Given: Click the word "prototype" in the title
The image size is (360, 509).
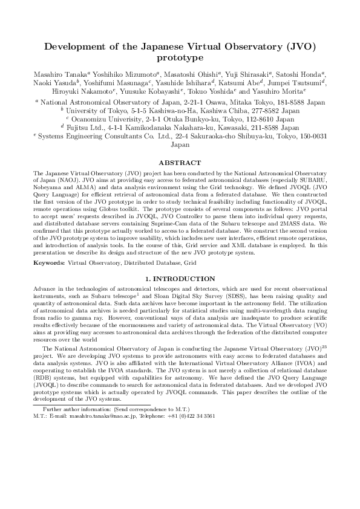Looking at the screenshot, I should pos(180,58).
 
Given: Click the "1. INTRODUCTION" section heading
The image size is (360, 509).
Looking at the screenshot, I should pos(180,279).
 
